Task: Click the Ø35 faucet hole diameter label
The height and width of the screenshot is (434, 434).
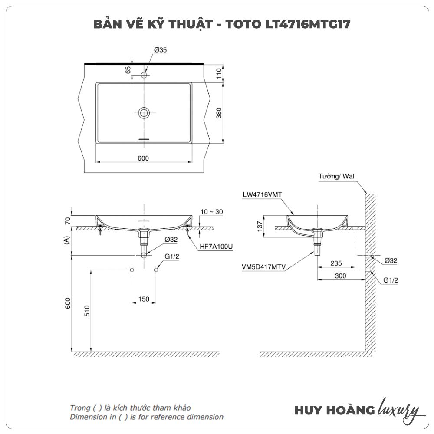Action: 160,50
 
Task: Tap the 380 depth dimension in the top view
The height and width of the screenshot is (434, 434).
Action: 219,113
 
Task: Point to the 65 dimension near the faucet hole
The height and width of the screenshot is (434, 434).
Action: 128,70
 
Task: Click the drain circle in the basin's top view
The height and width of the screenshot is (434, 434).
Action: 144,113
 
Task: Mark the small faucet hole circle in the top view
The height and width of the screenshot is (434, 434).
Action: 144,75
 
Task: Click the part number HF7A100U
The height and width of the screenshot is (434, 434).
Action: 216,247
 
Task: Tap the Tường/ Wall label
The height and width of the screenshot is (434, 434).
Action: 337,176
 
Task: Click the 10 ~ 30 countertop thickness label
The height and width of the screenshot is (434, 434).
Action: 211,212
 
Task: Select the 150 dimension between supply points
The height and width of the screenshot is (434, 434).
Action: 144,299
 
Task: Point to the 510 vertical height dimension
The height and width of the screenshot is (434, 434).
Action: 87,311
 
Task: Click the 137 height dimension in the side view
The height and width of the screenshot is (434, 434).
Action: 260,226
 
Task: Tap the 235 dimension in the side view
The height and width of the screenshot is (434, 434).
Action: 335,263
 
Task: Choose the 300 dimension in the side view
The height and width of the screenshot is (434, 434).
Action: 341,276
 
